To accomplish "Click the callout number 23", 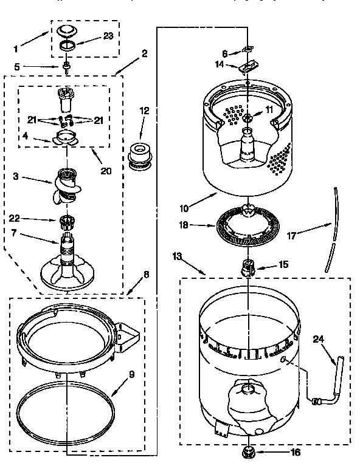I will (108, 35).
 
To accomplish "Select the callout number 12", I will (144, 111).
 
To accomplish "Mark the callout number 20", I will (106, 171).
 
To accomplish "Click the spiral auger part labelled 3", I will (69, 180).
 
